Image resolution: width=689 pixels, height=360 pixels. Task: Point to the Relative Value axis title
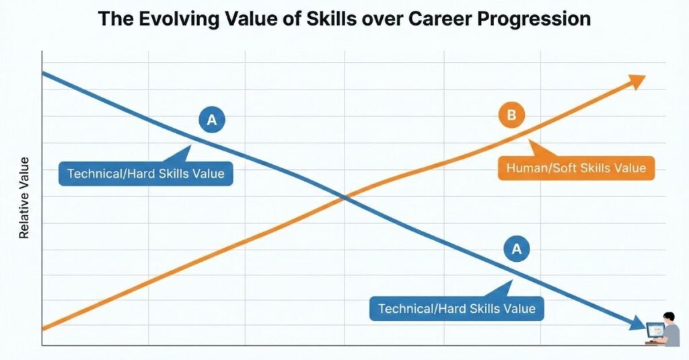24,199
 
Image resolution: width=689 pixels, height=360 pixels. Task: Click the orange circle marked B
511,115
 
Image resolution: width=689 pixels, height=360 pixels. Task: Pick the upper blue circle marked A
212,120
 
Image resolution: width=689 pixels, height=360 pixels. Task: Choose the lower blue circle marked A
517,249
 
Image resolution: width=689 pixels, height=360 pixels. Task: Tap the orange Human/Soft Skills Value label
576,168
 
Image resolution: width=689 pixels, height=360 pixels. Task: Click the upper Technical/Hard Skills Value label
145,173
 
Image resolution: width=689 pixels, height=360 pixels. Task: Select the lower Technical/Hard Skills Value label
457,309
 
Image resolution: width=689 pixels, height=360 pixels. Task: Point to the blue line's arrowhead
637,324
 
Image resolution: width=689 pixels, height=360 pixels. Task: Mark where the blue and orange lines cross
345,199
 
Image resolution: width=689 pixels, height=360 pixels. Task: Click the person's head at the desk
669,317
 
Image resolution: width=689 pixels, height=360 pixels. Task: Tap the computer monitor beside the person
655,330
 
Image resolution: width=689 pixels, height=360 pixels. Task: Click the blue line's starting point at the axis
42,73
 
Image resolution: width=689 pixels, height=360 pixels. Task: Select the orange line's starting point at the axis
42,328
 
